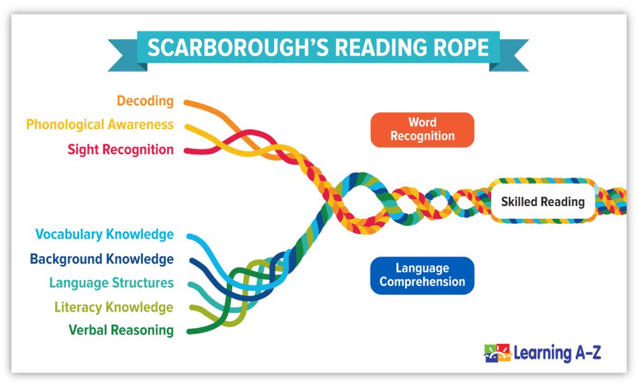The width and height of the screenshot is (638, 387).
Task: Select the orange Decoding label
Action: [145, 101]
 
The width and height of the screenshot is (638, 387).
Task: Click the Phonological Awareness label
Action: [99, 125]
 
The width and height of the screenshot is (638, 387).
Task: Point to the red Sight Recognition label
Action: [120, 150]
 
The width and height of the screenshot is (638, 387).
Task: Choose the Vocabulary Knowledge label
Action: [104, 235]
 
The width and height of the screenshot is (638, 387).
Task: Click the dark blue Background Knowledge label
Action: [101, 259]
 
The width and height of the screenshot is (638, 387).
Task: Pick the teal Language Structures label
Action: [111, 283]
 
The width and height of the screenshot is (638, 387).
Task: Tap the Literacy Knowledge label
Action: [113, 307]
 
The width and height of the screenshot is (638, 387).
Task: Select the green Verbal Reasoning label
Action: [121, 330]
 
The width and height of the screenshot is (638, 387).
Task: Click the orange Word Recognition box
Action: [422, 130]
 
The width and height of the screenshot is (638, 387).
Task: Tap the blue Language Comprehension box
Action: [422, 276]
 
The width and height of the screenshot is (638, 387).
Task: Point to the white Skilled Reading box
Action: [542, 202]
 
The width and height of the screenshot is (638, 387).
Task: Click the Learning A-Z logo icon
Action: [497, 353]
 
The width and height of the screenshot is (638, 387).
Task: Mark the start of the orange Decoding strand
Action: [187, 101]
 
